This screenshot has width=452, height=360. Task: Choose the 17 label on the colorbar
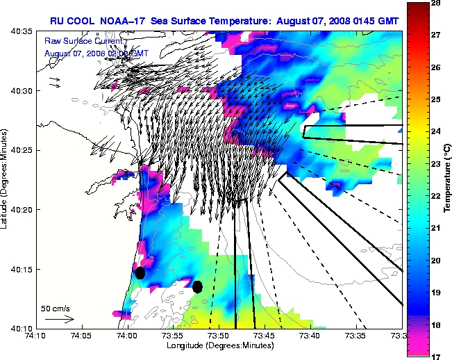[437, 357]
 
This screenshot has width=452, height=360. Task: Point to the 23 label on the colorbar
[437, 164]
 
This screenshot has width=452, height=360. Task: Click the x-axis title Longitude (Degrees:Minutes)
[218, 345]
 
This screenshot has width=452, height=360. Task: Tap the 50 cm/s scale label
[56, 307]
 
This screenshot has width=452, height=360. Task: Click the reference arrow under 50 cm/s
[59, 319]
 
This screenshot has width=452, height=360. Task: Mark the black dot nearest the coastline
[140, 272]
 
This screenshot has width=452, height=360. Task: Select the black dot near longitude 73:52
[197, 286]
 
